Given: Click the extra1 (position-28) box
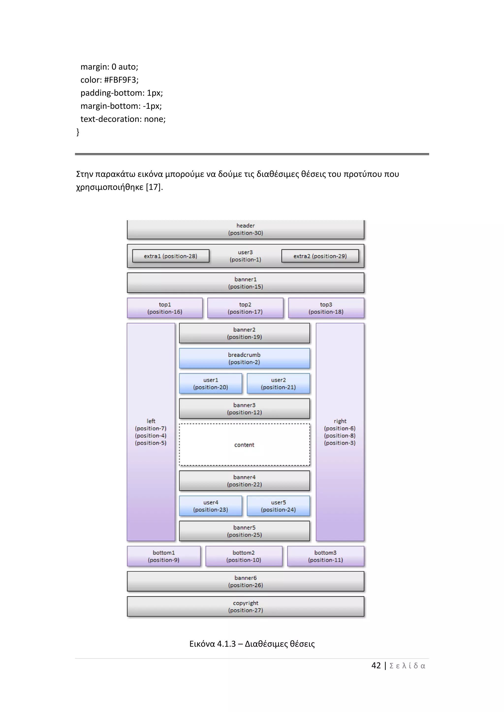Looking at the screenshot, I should tap(171, 256).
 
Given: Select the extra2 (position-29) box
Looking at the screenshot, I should tap(320, 256).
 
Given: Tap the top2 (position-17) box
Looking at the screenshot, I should tap(245, 308).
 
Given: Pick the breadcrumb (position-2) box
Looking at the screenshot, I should tap(244, 358).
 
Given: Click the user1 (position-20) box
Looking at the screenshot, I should tap(210, 384).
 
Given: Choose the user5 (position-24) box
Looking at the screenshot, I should tap(278, 506).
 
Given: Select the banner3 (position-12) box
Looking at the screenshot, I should tap(244, 409).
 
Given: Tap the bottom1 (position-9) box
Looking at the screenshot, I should tap(164, 556).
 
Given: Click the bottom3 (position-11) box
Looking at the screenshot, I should tap(326, 556).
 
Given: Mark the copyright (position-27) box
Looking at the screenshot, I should tap(246, 607).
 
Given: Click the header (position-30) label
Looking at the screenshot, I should tap(246, 229).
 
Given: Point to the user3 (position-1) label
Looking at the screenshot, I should tap(245, 256).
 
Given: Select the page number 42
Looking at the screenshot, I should tap(376, 666).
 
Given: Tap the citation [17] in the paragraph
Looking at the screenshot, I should tap(154, 187).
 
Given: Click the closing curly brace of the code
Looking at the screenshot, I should tap(78, 132).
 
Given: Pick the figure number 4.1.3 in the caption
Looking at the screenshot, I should tap(226, 644).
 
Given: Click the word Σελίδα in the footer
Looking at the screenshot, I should tap(407, 666).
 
